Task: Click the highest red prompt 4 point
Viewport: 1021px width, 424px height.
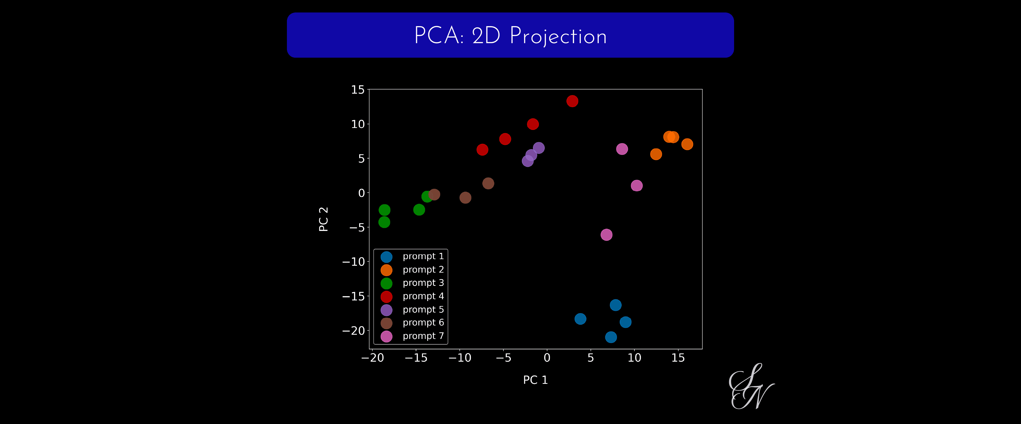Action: (x=572, y=101)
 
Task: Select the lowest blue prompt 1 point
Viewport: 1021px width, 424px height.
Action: (x=611, y=337)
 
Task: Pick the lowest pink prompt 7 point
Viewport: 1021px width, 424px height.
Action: (x=606, y=235)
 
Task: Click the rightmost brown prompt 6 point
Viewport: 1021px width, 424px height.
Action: (x=488, y=183)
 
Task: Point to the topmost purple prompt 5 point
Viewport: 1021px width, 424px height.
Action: (x=538, y=148)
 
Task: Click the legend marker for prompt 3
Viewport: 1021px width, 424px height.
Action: (x=386, y=283)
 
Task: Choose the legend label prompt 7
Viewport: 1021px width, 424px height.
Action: (x=423, y=336)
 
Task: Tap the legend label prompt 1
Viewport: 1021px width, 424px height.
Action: (x=423, y=256)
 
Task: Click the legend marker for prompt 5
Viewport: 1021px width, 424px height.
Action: (x=386, y=310)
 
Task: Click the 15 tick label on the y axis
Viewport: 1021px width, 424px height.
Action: (x=357, y=90)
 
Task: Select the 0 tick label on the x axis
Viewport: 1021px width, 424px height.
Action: (x=547, y=358)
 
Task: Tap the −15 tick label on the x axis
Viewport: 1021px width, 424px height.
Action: (x=416, y=358)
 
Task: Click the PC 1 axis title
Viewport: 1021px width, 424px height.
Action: (x=535, y=380)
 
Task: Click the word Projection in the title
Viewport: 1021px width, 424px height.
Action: (x=558, y=36)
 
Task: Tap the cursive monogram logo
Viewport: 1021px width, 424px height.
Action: (x=751, y=386)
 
